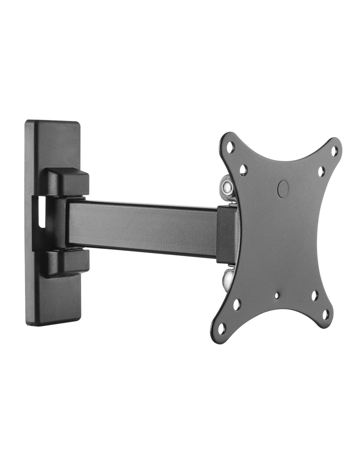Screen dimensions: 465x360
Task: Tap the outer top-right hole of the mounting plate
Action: click(334, 151)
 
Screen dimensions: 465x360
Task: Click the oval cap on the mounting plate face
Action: click(282, 189)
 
